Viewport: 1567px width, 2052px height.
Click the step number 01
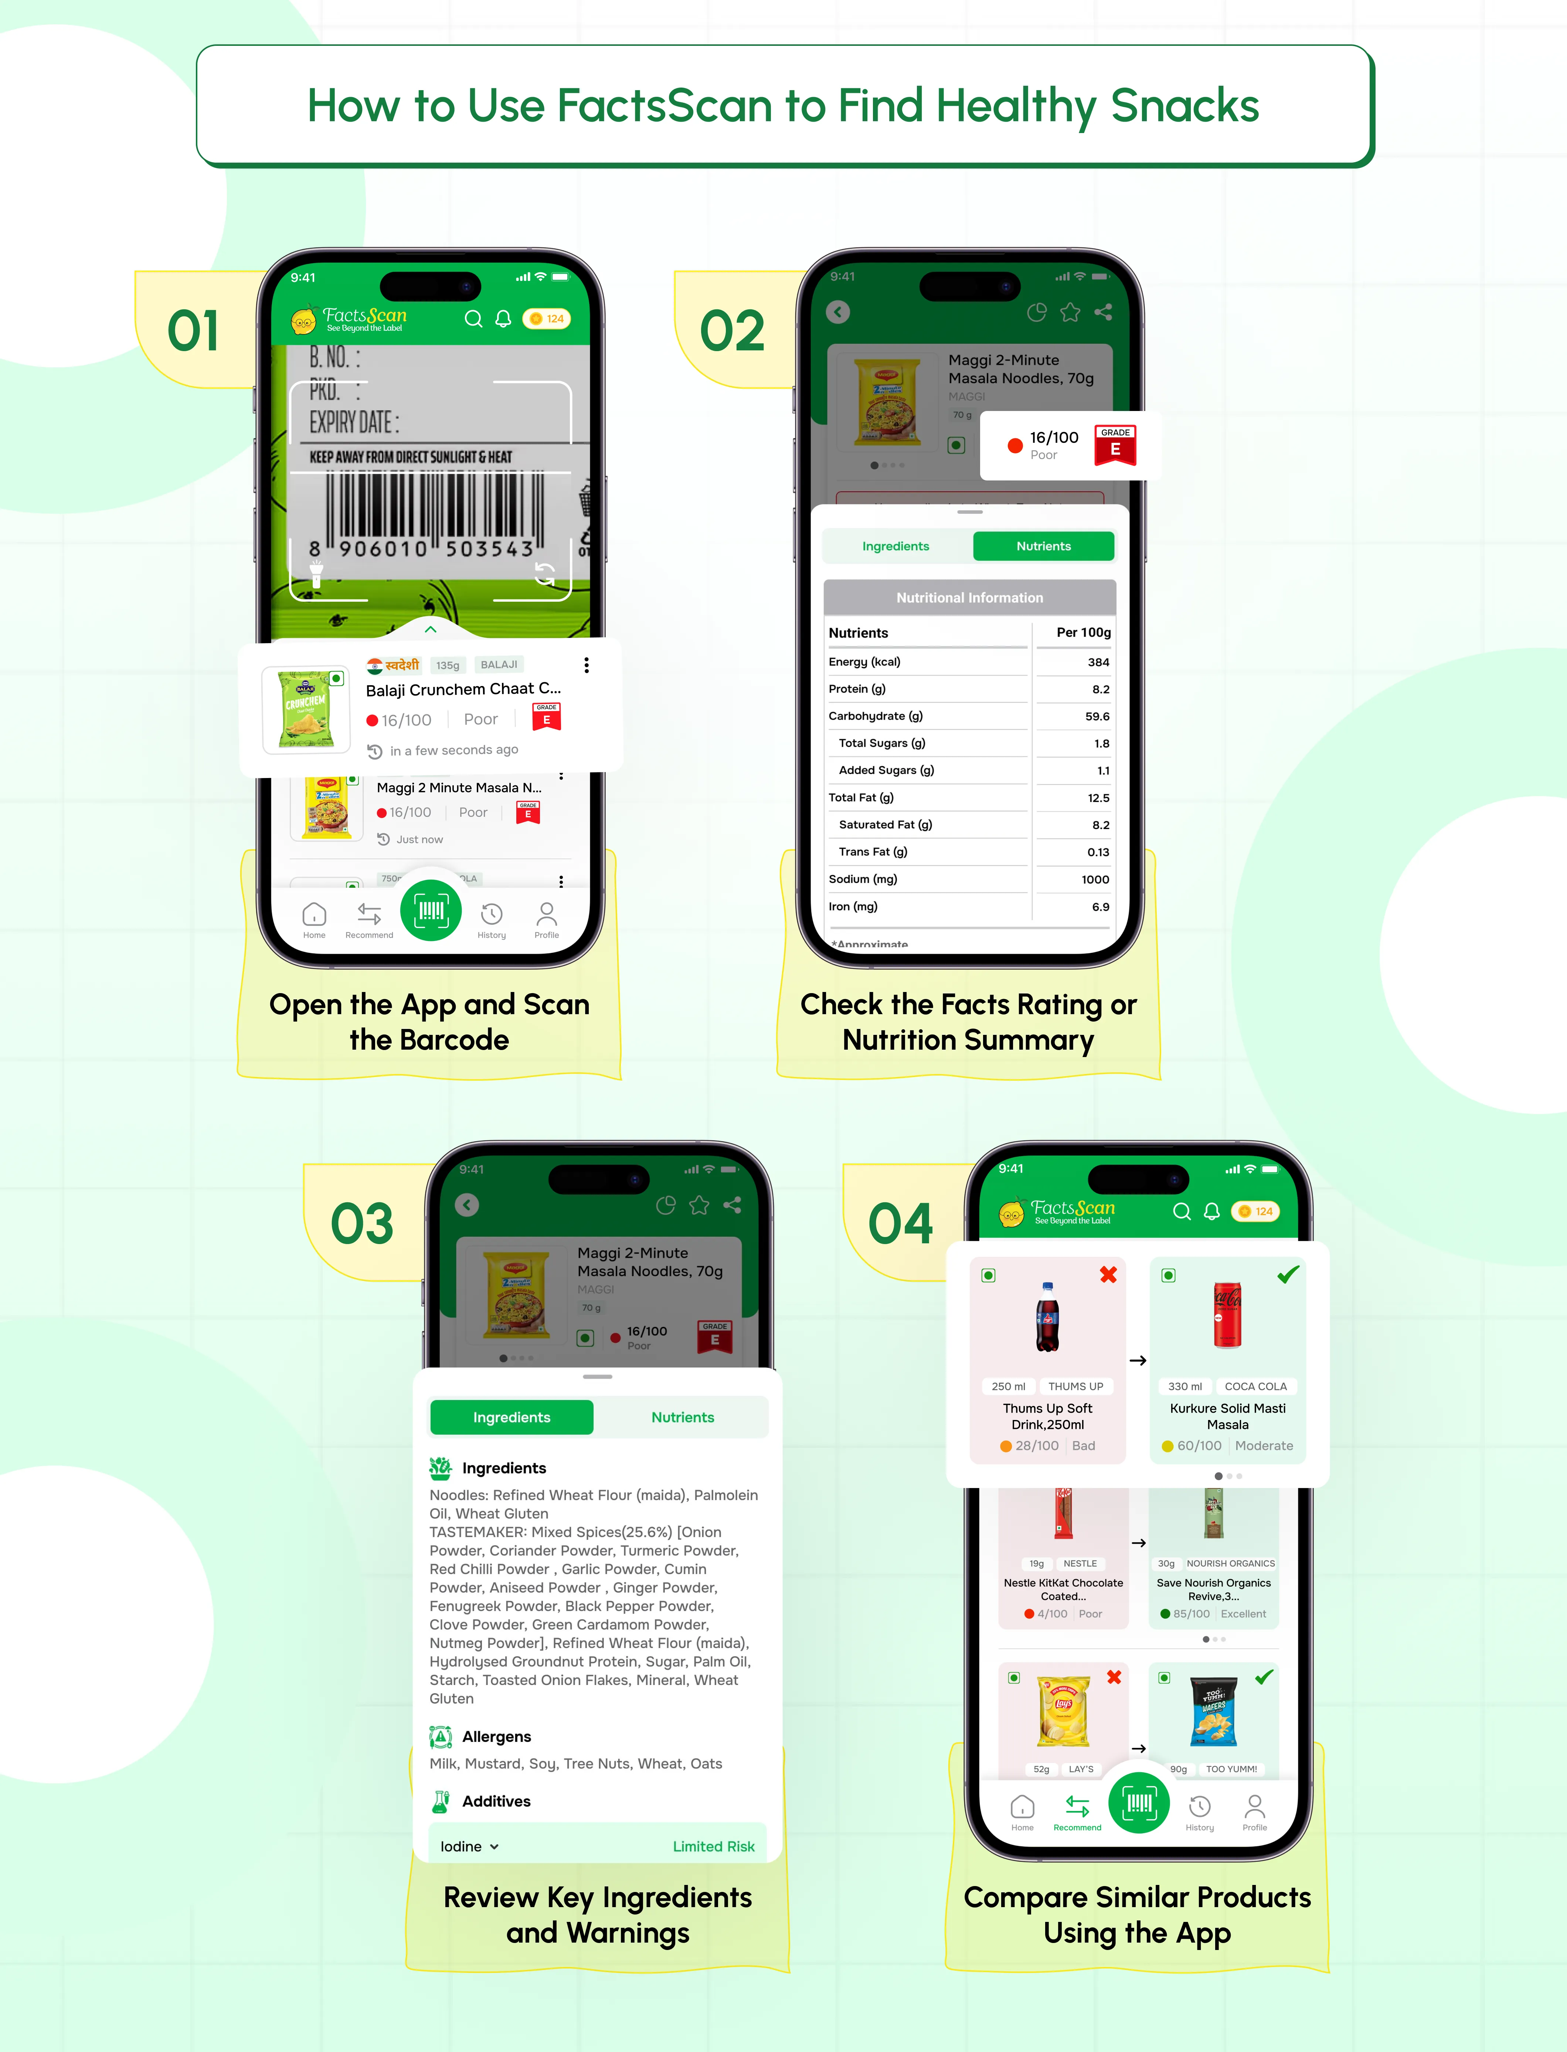point(193,331)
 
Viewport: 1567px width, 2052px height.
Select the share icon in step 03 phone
point(732,1205)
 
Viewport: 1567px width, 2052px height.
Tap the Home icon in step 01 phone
point(315,919)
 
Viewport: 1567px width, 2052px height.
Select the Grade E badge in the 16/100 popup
point(1115,445)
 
